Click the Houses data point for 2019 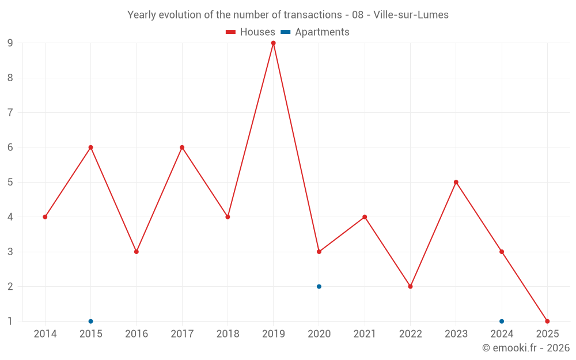pos(273,43)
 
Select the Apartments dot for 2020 pos(319,286)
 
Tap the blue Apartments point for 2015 pos(90,321)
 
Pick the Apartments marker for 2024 pos(502,321)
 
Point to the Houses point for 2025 pos(547,321)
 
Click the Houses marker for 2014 pos(45,217)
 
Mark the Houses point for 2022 pos(410,286)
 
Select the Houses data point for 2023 pos(456,182)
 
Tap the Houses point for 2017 pos(182,147)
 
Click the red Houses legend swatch pos(231,32)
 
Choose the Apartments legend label pos(322,32)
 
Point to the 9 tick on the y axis pos(10,43)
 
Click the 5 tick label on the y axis pos(10,182)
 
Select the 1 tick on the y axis pos(10,321)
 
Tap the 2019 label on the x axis pos(273,334)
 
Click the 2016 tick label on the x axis pos(137,334)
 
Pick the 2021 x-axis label pos(365,334)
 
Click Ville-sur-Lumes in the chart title pos(411,15)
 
